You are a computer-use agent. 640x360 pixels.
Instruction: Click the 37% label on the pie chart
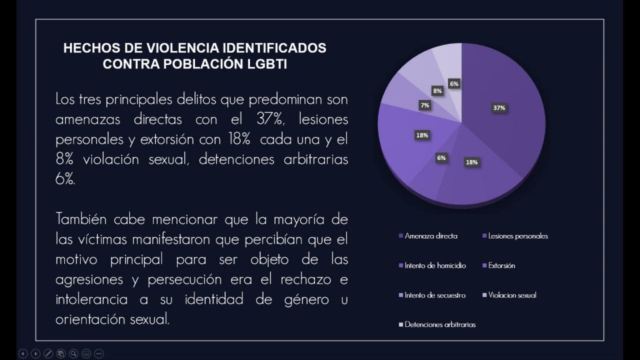pos(499,107)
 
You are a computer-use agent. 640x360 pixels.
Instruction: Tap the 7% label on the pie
pos(425,106)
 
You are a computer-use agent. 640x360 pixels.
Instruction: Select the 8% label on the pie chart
pos(437,91)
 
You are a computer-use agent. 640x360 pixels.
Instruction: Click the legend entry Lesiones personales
pos(517,236)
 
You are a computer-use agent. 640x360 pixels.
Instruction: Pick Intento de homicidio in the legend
pos(435,266)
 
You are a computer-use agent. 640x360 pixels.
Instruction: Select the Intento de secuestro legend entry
pos(435,295)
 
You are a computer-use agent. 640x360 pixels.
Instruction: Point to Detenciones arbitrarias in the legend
pos(440,324)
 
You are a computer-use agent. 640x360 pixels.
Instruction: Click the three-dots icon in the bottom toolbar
pos(99,354)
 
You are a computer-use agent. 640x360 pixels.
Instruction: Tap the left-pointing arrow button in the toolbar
pos(22,354)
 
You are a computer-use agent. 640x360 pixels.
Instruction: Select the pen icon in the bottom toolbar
pos(48,354)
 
